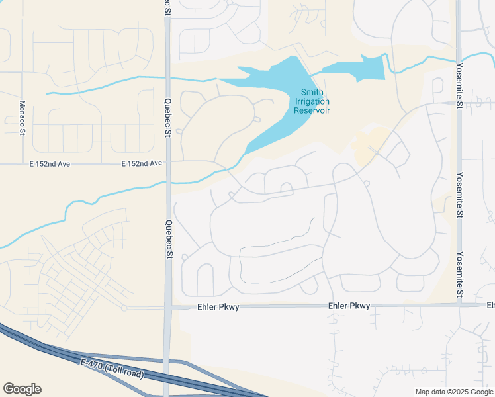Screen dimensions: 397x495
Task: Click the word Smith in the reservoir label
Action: click(312, 92)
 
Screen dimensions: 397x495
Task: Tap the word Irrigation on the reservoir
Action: click(312, 101)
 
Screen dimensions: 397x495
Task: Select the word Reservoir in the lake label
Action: click(312, 110)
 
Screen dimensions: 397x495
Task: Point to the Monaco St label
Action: click(21, 117)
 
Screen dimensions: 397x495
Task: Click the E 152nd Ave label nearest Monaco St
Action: click(50, 163)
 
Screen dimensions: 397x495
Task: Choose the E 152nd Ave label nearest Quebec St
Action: click(142, 163)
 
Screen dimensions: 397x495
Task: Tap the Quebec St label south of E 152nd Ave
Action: click(169, 239)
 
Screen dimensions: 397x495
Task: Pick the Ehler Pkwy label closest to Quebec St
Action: click(218, 307)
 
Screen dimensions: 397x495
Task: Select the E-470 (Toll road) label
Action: click(112, 369)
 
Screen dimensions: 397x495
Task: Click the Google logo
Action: click(22, 389)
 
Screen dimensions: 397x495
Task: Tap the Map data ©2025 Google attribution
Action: click(453, 392)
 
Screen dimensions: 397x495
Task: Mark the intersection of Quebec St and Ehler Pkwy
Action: click(169, 307)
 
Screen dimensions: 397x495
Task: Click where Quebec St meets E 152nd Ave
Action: click(168, 163)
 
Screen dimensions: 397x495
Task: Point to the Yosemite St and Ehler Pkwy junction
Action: click(459, 305)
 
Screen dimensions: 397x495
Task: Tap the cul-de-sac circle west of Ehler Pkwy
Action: click(124, 308)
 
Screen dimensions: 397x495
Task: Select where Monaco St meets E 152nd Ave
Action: click(22, 163)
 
